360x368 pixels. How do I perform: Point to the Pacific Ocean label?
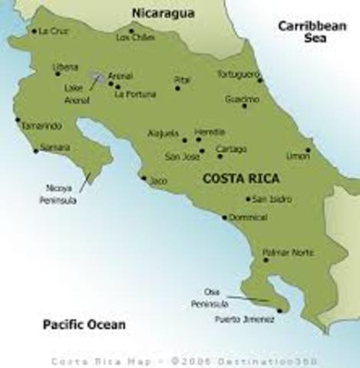pos(84,324)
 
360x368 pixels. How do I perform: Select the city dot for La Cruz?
pos(34,31)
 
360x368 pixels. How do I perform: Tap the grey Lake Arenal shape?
pos(98,77)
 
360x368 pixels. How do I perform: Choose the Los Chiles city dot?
pos(131,31)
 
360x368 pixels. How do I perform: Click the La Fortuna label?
pos(135,95)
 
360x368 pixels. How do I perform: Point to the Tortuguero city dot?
pos(259,80)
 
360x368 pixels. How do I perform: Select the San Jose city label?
pos(182,156)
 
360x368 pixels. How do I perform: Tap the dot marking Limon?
pos(309,150)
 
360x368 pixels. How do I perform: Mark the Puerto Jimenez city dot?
pos(279,310)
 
